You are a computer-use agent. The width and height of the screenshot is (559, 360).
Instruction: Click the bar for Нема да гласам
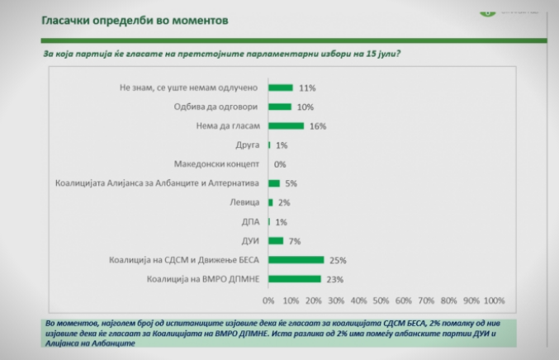tap(286, 126)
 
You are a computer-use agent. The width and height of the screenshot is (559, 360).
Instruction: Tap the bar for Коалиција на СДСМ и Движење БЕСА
tap(296, 259)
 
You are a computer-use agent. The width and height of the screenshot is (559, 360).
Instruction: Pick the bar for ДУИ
tap(276, 240)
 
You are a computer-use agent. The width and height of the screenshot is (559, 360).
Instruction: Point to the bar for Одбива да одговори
tap(279, 107)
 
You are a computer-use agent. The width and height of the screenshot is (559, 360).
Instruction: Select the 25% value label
tap(337, 260)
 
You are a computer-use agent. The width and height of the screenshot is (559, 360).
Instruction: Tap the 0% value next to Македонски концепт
tap(280, 164)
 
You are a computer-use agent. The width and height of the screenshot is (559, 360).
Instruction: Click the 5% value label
tap(291, 183)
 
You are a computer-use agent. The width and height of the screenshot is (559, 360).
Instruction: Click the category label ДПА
tap(250, 221)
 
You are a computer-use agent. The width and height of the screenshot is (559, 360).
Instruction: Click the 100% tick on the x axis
tap(494, 300)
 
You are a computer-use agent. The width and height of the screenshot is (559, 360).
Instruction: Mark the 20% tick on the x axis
tap(314, 300)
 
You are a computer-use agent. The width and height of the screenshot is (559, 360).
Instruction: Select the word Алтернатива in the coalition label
tap(235, 183)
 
